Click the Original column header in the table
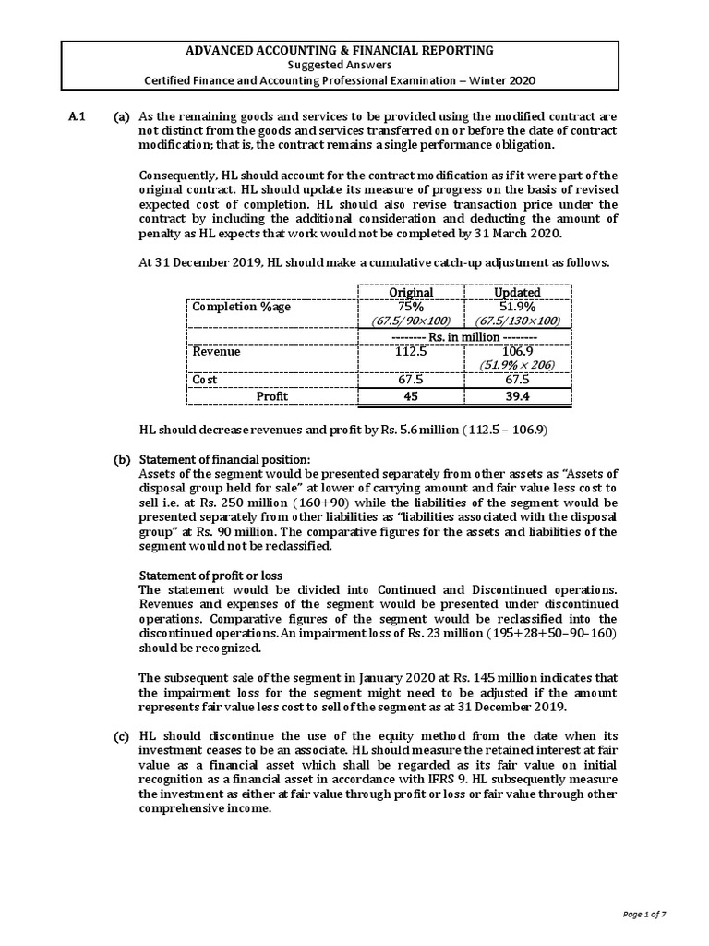pos(410,292)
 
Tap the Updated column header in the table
pos(517,292)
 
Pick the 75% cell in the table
pos(410,306)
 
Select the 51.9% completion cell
pos(517,306)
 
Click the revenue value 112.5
pos(410,351)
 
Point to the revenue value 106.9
pos(517,351)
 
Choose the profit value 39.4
pos(517,396)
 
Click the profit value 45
pos(410,396)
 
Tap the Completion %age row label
pos(240,307)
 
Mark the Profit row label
pos(271,396)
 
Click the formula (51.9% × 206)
pos(517,365)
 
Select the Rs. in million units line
pos(463,335)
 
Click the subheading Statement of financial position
pos(224,460)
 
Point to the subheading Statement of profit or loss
pos(210,576)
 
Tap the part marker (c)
pos(121,735)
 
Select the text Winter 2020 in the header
pos(502,79)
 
